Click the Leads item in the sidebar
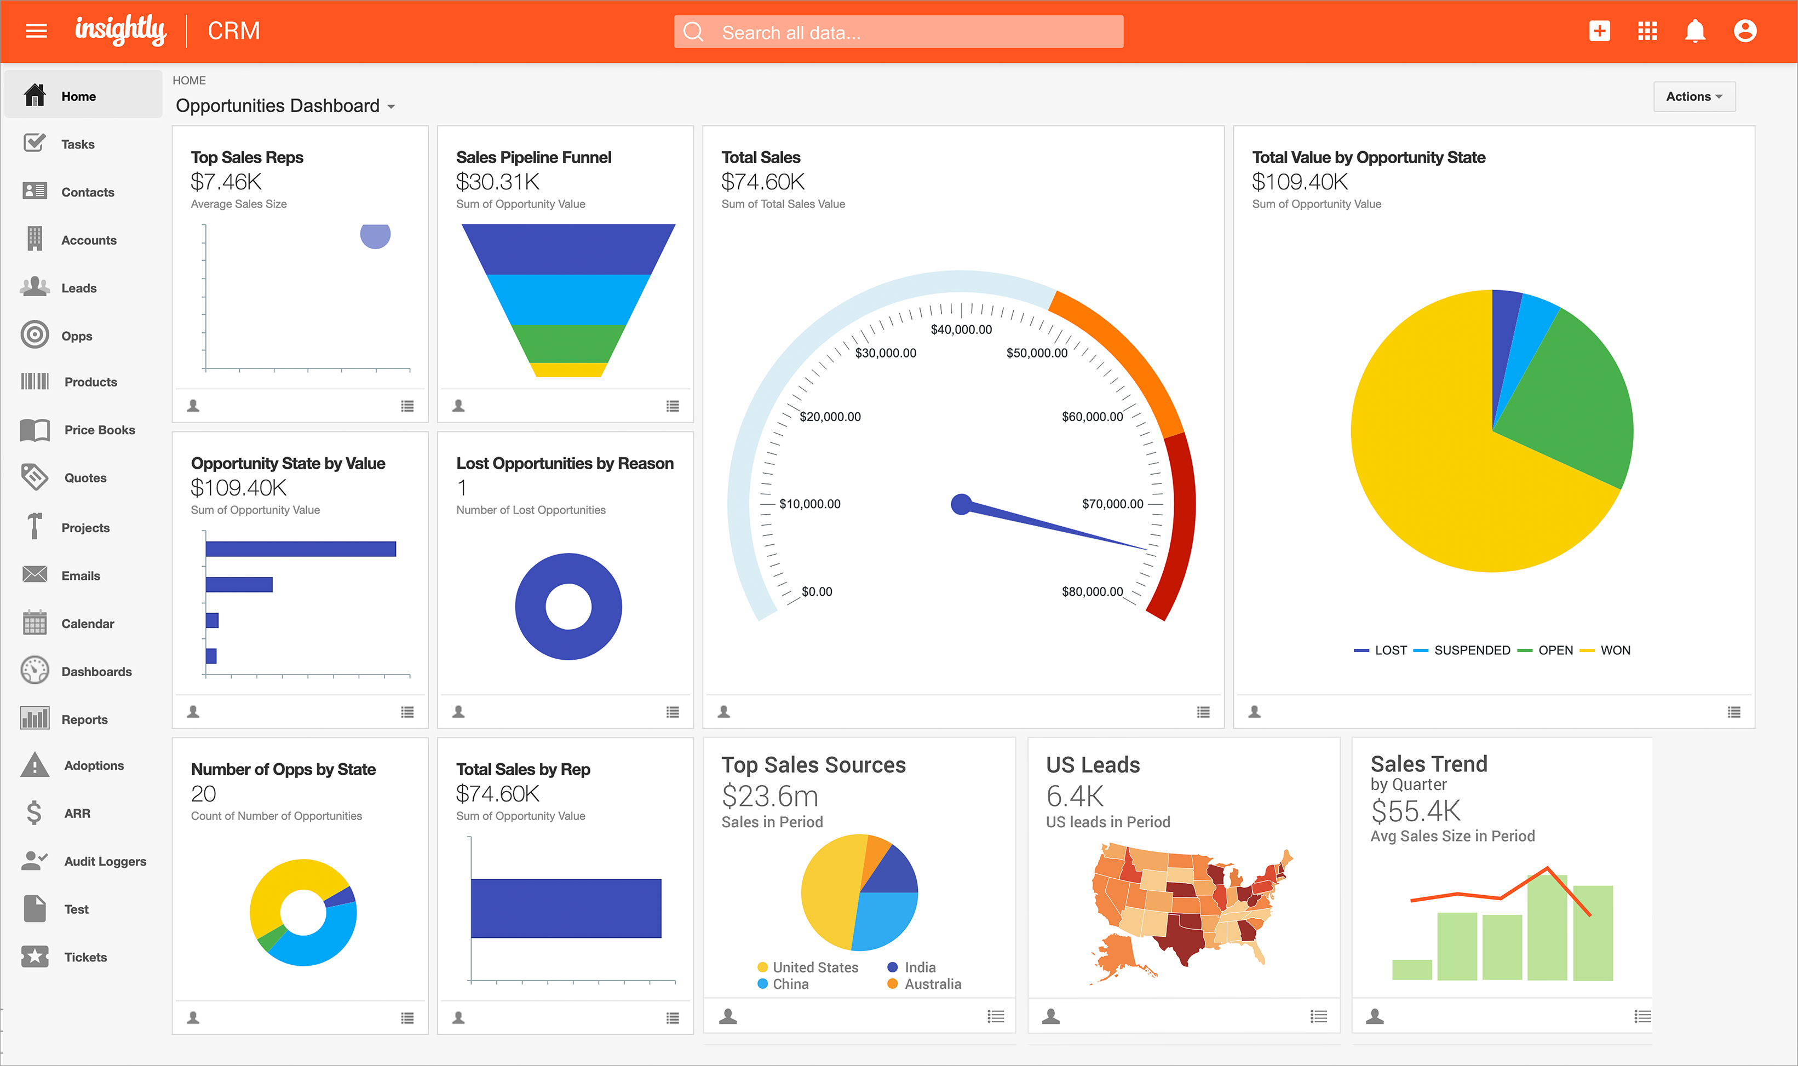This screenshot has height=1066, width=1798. pyautogui.click(x=78, y=288)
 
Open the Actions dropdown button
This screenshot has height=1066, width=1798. pyautogui.click(x=1694, y=96)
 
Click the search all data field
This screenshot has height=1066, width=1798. pyautogui.click(x=898, y=32)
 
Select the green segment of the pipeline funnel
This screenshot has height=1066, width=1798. pyautogui.click(x=568, y=344)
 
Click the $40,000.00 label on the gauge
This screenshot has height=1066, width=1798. pyautogui.click(x=961, y=330)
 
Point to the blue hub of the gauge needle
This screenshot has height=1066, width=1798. pyautogui.click(x=961, y=504)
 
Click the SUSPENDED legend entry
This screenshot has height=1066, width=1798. pyautogui.click(x=1471, y=650)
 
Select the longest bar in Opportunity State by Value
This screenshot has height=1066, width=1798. pyautogui.click(x=300, y=549)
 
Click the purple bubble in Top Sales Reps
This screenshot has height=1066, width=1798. pyautogui.click(x=375, y=235)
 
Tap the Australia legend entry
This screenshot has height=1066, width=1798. pyautogui.click(x=932, y=984)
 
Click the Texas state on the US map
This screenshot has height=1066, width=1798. pyautogui.click(x=1182, y=934)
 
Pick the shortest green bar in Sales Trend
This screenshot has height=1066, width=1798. pyautogui.click(x=1411, y=970)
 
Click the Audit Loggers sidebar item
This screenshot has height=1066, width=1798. pyautogui.click(x=105, y=861)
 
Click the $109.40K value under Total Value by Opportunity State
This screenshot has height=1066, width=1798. pyautogui.click(x=1300, y=182)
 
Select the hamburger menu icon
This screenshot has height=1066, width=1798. pyautogui.click(x=36, y=31)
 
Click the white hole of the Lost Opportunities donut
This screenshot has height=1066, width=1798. pyautogui.click(x=567, y=606)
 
